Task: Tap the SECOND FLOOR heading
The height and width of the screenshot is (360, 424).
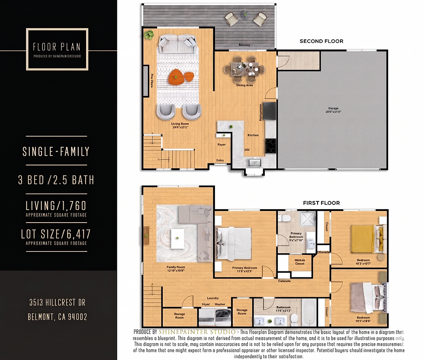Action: (x=321, y=41)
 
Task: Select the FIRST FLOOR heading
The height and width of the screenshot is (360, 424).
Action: (x=321, y=203)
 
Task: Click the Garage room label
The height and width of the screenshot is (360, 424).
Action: (x=333, y=108)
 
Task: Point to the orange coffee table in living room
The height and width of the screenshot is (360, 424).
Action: (x=176, y=76)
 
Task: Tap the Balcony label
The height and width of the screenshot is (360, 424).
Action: (x=244, y=45)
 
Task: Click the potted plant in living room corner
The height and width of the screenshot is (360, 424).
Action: (x=149, y=34)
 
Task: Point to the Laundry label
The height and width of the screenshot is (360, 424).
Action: (x=213, y=298)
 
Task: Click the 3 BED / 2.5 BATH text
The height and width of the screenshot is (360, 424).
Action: (x=56, y=180)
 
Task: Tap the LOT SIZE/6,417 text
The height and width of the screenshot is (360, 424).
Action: (x=56, y=234)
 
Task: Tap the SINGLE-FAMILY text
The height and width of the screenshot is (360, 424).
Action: (x=56, y=151)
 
